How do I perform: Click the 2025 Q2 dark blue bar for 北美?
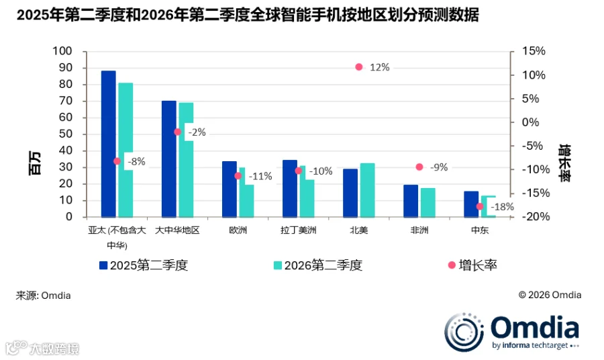coord(350,193)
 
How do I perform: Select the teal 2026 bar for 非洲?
coord(427,202)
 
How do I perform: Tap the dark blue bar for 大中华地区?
coord(168,159)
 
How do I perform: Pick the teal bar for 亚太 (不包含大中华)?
coord(125,150)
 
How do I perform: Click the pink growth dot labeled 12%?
coord(359,67)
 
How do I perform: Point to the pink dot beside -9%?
coord(419,167)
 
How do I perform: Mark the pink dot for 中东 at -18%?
coord(480,207)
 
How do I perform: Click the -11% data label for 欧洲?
coord(260,177)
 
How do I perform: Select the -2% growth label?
coord(197,132)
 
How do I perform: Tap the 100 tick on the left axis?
coord(62,51)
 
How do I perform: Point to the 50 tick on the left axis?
coord(66,134)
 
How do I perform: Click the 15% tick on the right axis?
coord(534,51)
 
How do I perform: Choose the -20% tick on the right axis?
coord(536,217)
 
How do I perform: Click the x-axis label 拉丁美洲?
coord(299,230)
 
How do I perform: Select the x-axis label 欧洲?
coord(238,230)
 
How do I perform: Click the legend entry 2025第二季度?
coord(144,265)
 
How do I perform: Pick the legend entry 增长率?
coord(472,265)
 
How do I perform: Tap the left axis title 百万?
coord(35,163)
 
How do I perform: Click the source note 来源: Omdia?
coord(43,296)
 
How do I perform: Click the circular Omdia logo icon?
coord(464,332)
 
